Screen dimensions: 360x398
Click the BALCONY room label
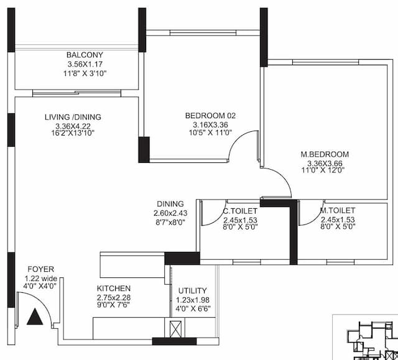click(85, 55)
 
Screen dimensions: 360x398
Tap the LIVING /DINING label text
click(73, 117)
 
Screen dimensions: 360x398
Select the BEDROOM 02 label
click(211, 116)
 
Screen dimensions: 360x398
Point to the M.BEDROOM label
click(325, 154)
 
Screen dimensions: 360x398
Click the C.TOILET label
click(240, 211)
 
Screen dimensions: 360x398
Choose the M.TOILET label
click(337, 211)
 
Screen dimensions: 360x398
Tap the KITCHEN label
click(114, 288)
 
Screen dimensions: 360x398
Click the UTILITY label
click(193, 291)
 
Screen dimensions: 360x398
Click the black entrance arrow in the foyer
click(36, 317)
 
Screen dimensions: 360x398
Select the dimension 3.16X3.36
click(211, 125)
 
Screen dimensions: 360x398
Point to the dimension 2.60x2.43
click(170, 213)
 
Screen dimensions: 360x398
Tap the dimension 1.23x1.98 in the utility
click(192, 300)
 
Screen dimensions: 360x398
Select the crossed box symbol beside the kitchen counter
click(174, 328)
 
